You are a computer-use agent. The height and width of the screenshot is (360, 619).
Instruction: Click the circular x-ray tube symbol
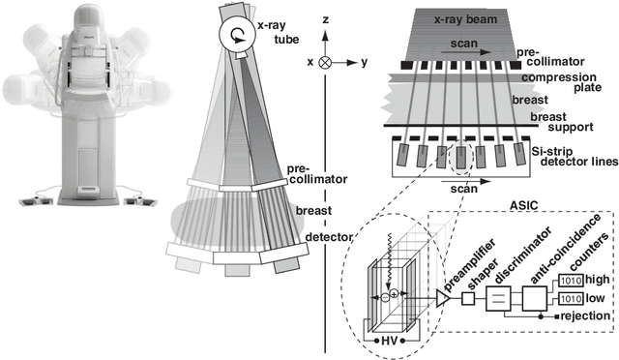(235, 36)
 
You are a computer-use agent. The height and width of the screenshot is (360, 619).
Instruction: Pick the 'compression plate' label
(575, 82)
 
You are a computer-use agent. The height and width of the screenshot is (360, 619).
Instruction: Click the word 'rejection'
(586, 315)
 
